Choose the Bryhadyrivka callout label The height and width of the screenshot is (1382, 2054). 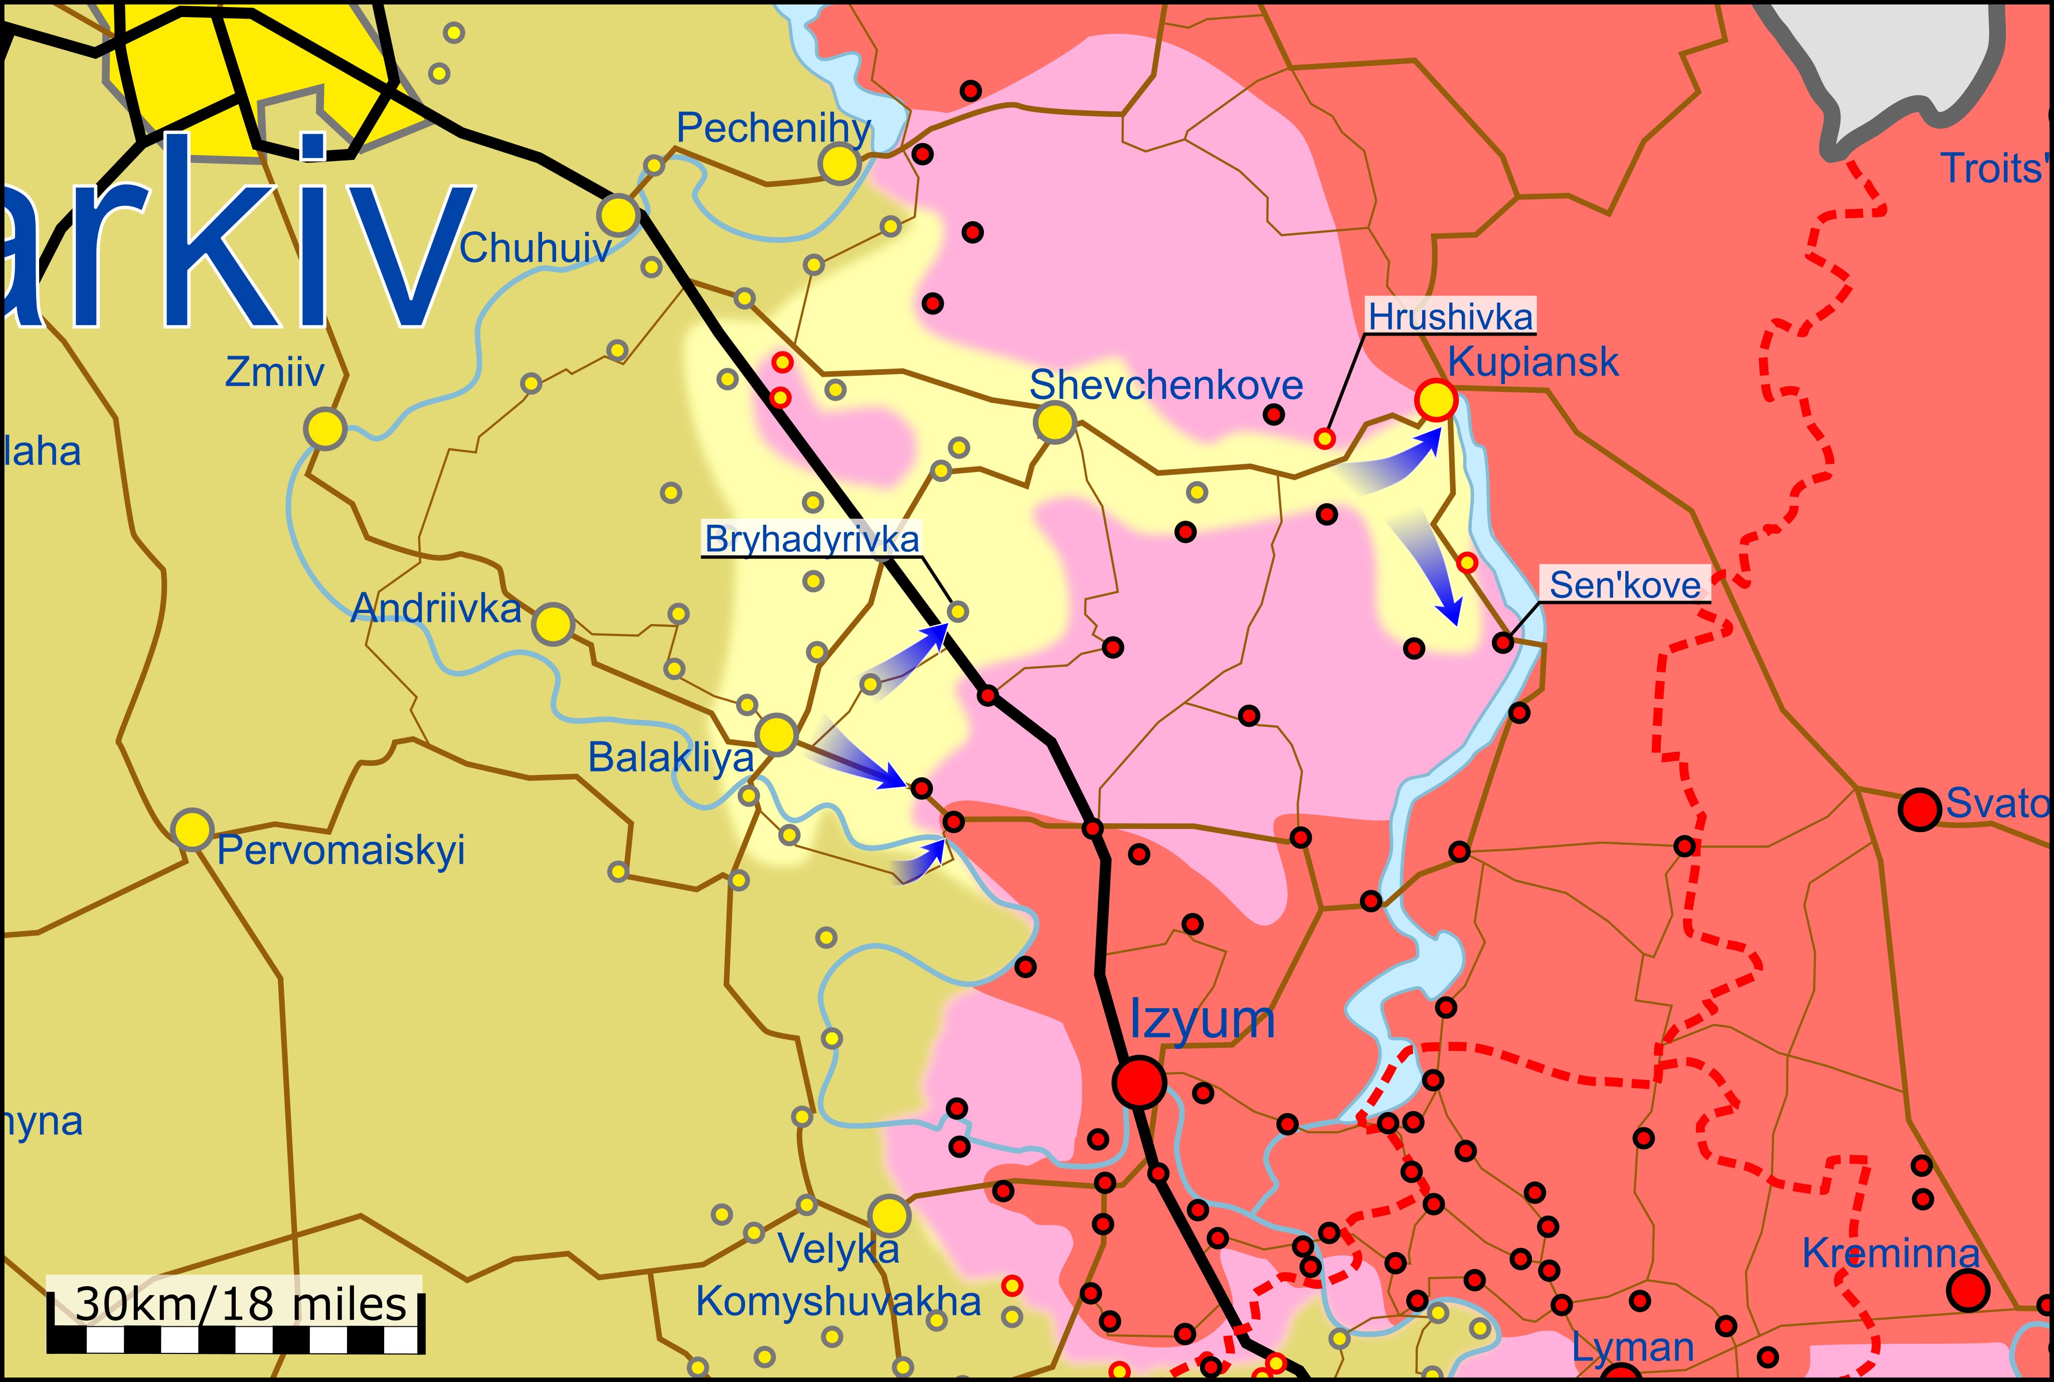(x=811, y=539)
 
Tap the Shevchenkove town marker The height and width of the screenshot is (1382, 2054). (x=1055, y=422)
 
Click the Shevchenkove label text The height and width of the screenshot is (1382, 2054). (x=1166, y=385)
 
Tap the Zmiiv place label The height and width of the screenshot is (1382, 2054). (x=275, y=372)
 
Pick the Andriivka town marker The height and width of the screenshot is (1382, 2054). (x=554, y=624)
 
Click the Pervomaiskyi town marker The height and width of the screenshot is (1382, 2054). (x=192, y=829)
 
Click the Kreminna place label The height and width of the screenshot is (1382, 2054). (x=1890, y=1253)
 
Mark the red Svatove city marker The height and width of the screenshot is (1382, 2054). (x=1920, y=808)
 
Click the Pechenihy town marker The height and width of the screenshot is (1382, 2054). (x=839, y=163)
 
